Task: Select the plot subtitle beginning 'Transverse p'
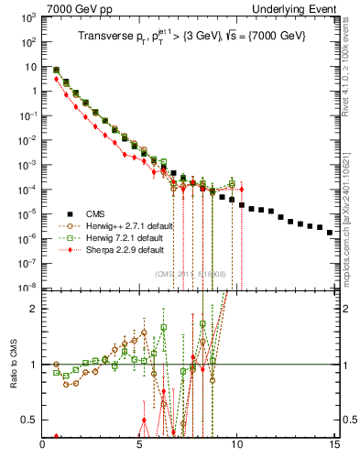click(188, 36)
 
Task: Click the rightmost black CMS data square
click(330, 233)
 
